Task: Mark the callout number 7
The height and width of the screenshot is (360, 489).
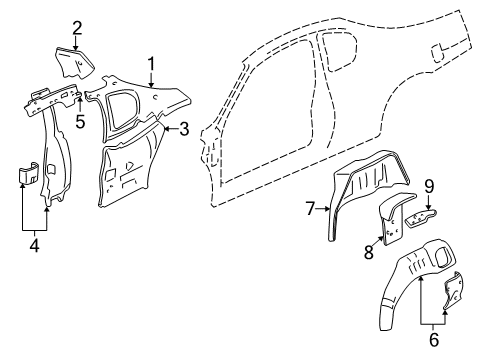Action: (311, 209)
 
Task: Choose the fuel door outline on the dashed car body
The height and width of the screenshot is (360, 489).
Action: (436, 50)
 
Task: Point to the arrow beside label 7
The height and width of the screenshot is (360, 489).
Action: (324, 209)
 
